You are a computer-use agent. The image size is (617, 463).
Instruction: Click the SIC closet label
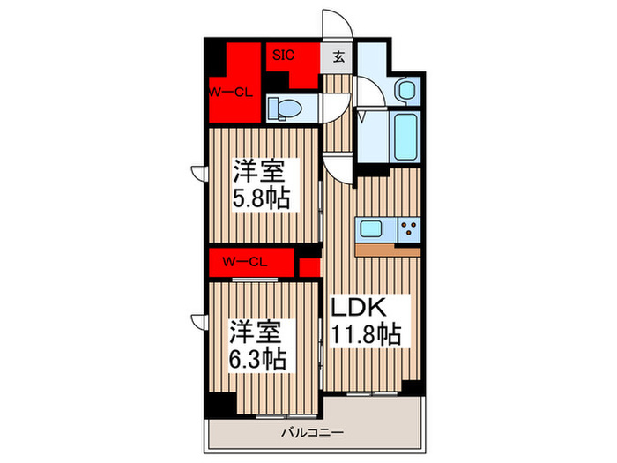(x=283, y=55)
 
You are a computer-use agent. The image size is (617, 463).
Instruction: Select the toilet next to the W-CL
(x=285, y=108)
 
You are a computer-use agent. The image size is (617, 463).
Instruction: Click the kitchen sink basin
(x=371, y=230)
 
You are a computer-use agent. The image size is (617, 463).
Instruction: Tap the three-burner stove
(x=408, y=230)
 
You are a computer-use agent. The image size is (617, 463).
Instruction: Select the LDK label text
(x=360, y=309)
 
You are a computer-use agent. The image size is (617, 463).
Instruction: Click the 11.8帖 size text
(x=366, y=336)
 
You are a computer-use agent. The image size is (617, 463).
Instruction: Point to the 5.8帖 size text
(x=262, y=194)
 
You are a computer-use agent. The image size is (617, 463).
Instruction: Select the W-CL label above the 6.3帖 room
(x=245, y=262)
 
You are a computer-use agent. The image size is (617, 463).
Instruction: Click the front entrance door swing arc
(x=338, y=25)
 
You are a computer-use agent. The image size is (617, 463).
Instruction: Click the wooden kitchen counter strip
(x=388, y=250)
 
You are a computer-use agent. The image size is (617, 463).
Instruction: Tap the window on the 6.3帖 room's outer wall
(x=197, y=323)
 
